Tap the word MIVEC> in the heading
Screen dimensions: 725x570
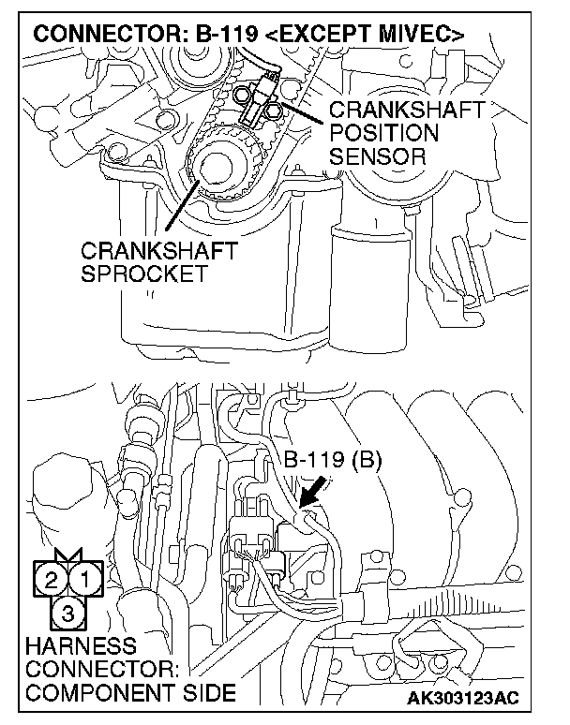click(419, 36)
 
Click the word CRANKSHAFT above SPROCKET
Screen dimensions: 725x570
click(159, 252)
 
